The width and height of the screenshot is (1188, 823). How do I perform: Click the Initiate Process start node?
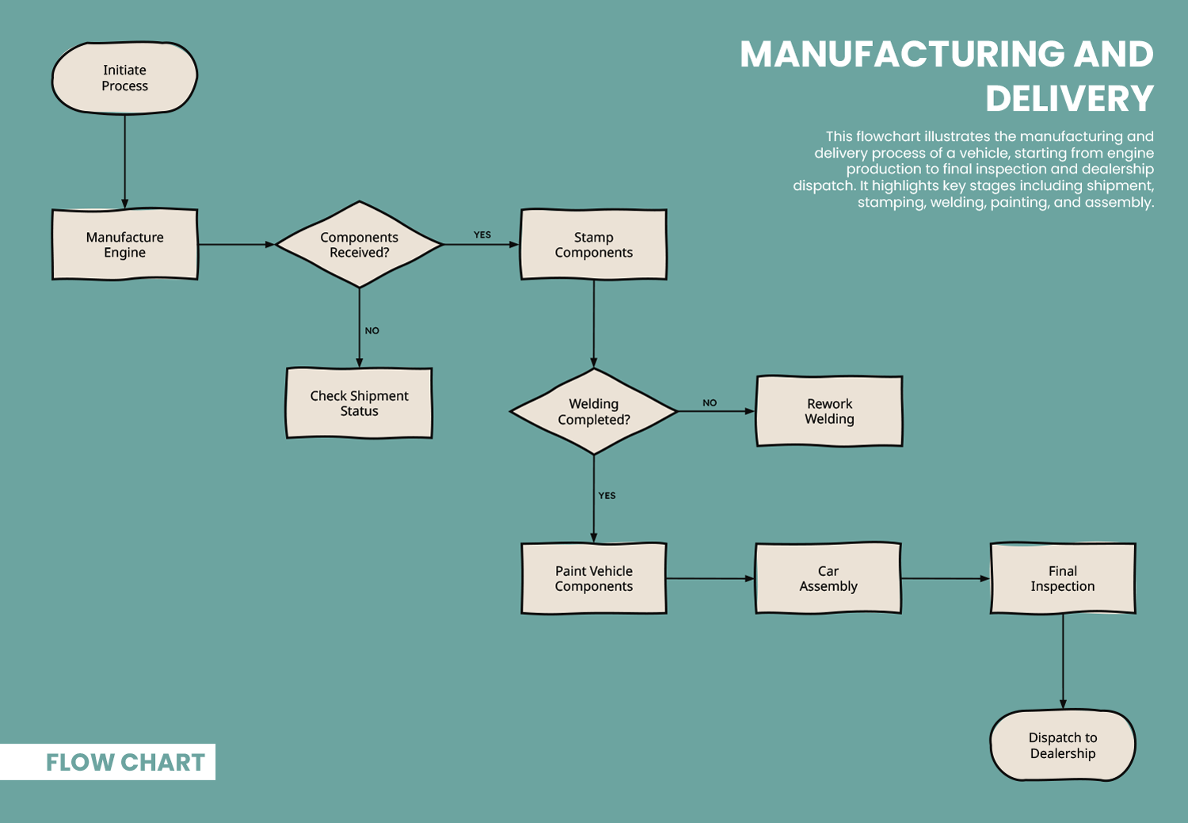pos(124,78)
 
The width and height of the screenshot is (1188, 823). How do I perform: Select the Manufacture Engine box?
pos(124,245)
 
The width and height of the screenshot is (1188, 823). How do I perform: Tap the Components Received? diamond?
pos(359,245)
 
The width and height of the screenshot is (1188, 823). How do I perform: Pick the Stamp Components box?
pos(593,245)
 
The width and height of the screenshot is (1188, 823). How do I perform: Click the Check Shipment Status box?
pos(359,403)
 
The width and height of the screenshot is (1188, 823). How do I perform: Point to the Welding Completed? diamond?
pos(593,412)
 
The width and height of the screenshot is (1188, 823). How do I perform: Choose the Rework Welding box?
pos(829,412)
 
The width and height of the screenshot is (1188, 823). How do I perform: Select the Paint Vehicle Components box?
pos(593,578)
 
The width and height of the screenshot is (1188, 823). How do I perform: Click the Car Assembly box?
pos(828,578)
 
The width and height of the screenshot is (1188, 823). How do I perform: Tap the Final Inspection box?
pos(1062,578)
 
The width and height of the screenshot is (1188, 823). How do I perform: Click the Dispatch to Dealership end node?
pos(1062,745)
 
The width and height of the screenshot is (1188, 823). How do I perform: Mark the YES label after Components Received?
pos(482,235)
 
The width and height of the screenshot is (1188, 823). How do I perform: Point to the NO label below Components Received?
pos(372,331)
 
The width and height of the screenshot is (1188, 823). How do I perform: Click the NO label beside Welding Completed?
pos(710,403)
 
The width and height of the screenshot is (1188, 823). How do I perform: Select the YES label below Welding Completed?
pos(607,496)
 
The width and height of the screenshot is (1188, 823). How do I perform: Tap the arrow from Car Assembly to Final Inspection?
pos(946,578)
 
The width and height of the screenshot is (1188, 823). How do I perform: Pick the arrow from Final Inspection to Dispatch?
pos(1063,661)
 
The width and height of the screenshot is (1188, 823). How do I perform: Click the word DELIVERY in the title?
pos(1069,99)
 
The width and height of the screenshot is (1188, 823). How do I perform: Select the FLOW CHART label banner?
pos(124,762)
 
